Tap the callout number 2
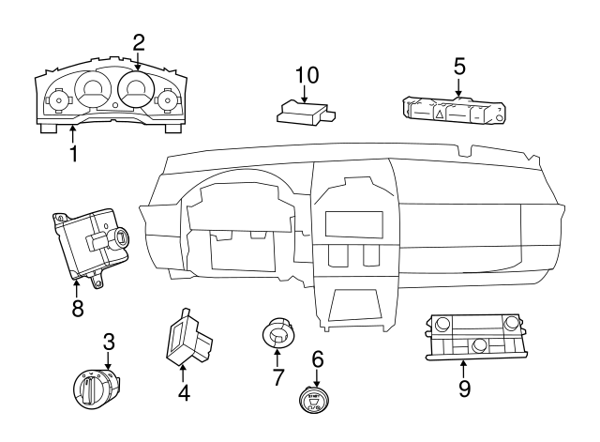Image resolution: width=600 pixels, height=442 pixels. tap(139, 42)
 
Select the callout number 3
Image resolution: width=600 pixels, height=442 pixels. tap(109, 342)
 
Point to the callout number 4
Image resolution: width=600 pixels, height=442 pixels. tap(185, 394)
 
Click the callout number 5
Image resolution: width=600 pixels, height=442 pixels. tap(459, 67)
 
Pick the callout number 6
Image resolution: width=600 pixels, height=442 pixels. tap(317, 358)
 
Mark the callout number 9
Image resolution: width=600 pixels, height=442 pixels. tap(464, 388)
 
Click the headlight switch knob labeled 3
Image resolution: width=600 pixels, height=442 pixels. tap(97, 389)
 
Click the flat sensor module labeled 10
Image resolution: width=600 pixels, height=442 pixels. tap(302, 114)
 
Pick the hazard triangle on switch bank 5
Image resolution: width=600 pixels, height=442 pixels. tap(439, 114)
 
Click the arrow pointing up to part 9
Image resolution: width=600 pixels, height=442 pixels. tap(464, 368)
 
